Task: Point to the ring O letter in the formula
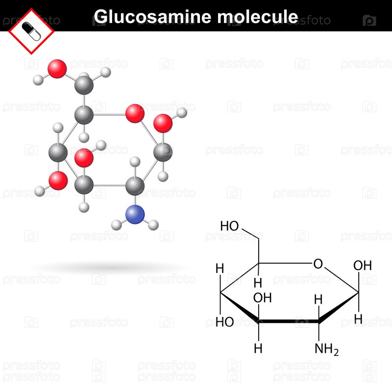tap(318, 265)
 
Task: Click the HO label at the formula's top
tap(229, 226)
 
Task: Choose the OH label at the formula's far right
tap(363, 266)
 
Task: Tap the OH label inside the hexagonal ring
tap(263, 297)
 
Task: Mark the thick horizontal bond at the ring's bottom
tap(289, 322)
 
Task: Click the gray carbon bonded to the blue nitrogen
tap(134, 186)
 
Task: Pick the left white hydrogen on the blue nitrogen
tap(116, 225)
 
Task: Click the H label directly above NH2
tap(318, 299)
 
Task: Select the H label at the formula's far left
tap(220, 269)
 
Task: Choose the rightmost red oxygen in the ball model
tap(163, 123)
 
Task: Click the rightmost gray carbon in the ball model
tap(163, 152)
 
